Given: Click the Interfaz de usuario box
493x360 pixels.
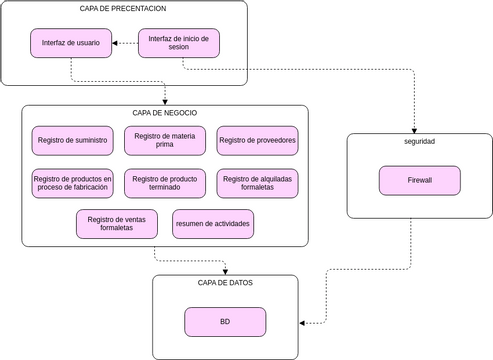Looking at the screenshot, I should [71, 43].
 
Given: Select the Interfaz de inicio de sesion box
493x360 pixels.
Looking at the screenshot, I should [178, 43].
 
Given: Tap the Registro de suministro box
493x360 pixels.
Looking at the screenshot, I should [72, 141].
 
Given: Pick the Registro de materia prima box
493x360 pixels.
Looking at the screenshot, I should [165, 141].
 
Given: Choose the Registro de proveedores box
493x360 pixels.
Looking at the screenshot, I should [257, 141].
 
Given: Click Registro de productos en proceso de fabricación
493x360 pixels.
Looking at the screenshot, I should [72, 183].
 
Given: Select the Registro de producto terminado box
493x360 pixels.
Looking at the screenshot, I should [165, 183].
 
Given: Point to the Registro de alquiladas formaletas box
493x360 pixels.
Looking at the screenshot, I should [257, 183].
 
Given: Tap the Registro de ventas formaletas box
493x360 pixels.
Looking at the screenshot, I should [117, 224].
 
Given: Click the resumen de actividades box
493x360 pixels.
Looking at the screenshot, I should [213, 224].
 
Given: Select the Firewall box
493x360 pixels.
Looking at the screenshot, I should [420, 181].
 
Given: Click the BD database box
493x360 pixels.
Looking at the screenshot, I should [225, 322].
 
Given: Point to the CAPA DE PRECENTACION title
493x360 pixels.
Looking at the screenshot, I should [123, 8].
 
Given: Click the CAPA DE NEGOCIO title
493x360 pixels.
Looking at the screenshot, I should [165, 113].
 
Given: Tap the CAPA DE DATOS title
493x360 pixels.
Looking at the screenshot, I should [225, 283].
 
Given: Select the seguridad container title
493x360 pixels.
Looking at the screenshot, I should [420, 141].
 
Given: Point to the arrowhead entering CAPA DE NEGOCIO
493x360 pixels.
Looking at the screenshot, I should [165, 100].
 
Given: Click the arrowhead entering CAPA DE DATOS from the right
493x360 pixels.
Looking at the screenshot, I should [303, 322].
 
